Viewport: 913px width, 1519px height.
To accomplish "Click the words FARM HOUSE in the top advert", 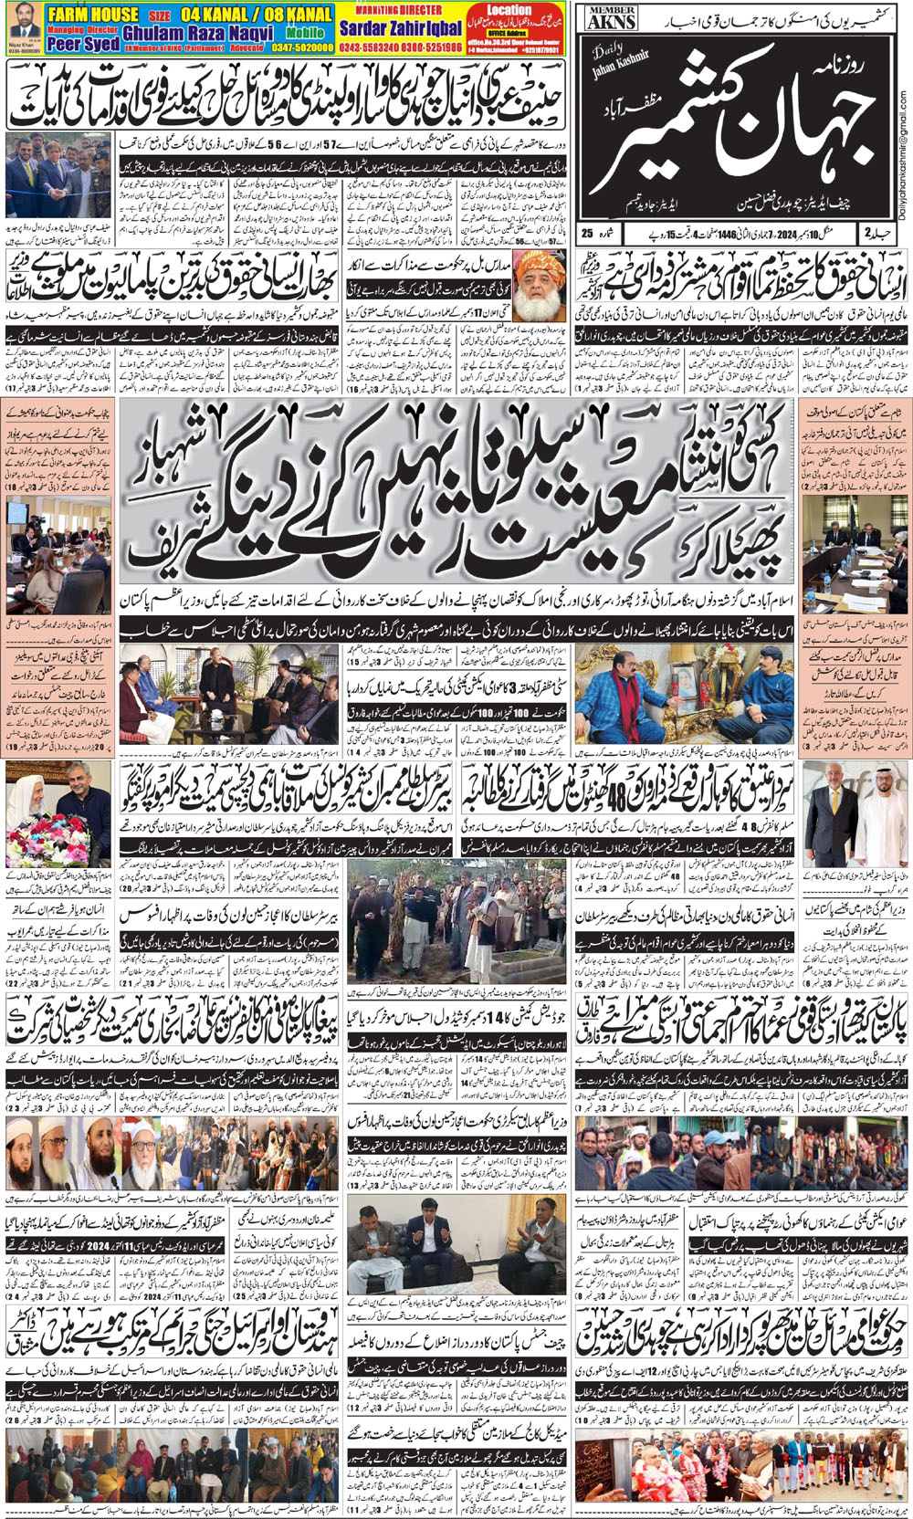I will pyautogui.click(x=94, y=14).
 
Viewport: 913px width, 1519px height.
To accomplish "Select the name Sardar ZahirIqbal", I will pyautogui.click(x=402, y=28).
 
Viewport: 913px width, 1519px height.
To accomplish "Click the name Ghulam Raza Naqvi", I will pyautogui.click(x=198, y=32).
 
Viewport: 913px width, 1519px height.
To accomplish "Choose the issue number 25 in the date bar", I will pyautogui.click(x=588, y=234).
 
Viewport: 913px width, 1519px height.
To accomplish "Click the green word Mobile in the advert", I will pyautogui.click(x=305, y=33).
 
